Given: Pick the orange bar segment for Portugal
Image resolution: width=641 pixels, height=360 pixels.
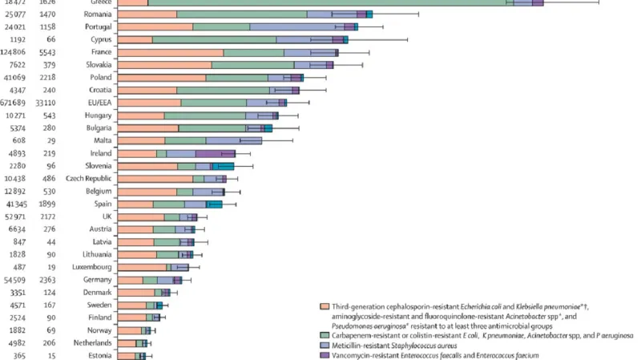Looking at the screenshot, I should coord(155,27).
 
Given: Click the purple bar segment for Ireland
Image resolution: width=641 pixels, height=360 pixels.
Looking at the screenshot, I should coord(215,153).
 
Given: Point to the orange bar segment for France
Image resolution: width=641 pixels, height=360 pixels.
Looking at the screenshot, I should coord(170,53).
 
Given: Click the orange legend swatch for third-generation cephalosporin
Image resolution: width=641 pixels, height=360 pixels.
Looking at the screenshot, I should coord(324,307).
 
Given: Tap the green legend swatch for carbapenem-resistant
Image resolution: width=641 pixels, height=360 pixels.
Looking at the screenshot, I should coord(324,334).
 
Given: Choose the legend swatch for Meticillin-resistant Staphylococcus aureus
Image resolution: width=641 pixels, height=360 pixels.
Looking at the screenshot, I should coord(324,345).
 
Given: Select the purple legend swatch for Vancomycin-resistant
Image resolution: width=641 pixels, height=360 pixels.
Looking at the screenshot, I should coord(324,354).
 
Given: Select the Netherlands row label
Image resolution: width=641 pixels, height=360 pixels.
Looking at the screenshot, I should coord(89,343).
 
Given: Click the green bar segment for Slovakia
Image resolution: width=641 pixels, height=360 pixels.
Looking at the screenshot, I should coord(252,65).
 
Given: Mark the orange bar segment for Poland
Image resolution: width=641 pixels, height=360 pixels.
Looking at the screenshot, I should coord(161,78).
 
